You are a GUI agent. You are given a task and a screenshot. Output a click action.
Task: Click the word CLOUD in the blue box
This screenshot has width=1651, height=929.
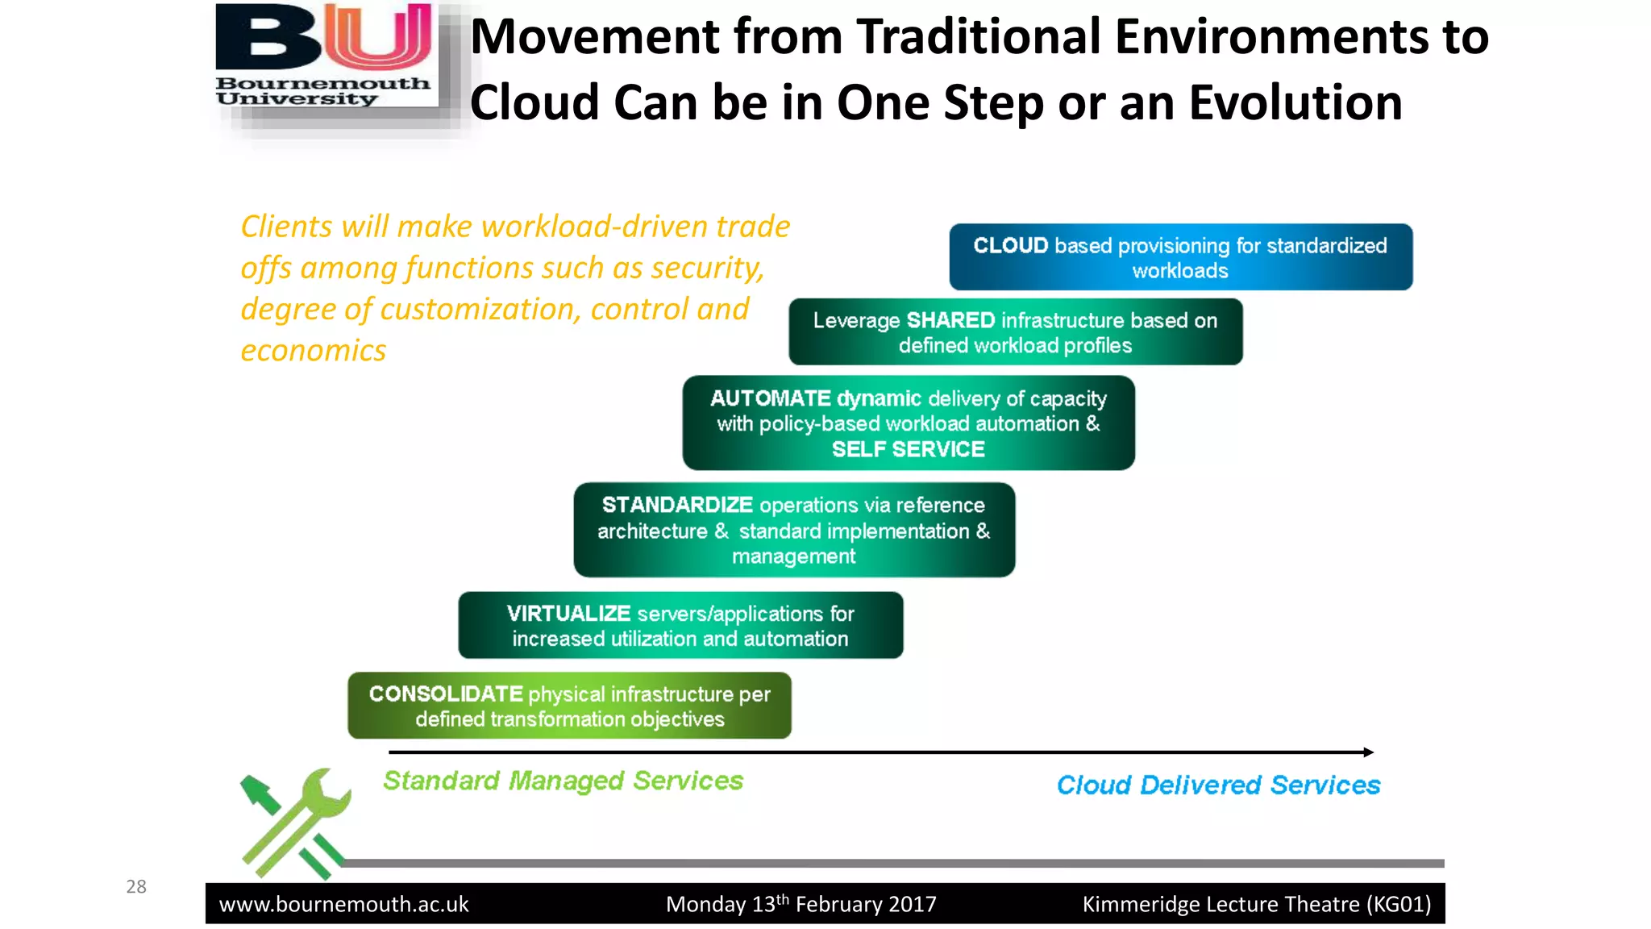1010,245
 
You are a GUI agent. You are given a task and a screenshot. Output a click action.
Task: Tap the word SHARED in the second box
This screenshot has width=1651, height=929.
950,320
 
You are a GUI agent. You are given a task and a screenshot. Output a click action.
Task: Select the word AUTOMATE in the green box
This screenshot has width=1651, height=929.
770,398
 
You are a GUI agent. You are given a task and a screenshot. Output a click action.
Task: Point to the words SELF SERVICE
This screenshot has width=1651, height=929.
908,449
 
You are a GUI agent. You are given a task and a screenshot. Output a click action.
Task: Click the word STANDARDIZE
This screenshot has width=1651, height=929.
677,505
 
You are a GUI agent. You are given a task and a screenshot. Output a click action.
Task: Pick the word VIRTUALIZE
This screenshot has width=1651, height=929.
568,614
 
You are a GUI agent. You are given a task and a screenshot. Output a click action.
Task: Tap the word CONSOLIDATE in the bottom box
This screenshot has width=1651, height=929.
446,694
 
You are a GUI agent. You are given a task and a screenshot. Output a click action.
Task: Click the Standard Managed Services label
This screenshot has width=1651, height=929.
563,781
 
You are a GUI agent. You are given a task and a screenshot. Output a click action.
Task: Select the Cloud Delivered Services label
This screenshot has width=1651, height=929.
1218,785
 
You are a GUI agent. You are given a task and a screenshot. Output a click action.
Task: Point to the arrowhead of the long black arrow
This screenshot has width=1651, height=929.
1368,752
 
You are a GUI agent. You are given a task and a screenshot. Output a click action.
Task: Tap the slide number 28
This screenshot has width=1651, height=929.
136,887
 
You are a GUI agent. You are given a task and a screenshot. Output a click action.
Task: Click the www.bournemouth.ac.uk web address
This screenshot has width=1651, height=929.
344,905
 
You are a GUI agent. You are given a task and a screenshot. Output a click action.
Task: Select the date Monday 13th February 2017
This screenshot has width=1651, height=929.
801,904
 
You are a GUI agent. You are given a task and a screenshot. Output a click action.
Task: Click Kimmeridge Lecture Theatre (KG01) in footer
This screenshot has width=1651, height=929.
1256,904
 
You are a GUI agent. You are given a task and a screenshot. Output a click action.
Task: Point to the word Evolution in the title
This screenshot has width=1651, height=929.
1295,103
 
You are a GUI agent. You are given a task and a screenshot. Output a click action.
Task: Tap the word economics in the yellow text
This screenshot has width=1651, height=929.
314,351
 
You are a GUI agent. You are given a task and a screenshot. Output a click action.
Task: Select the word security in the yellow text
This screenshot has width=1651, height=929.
707,268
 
